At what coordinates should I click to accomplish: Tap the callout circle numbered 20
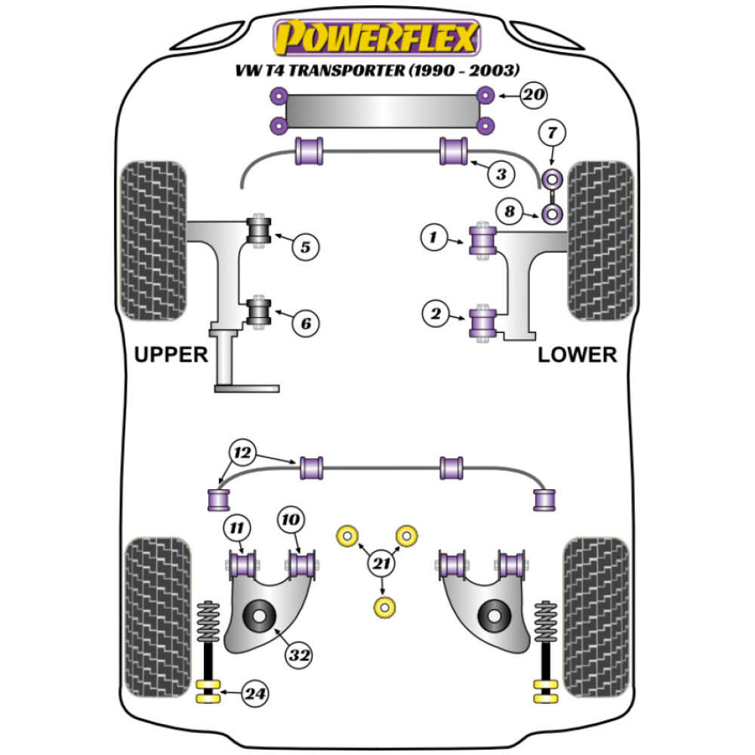click(x=532, y=95)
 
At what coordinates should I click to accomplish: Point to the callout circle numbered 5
click(x=306, y=246)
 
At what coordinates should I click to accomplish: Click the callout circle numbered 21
click(x=384, y=562)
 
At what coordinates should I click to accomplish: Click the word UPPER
click(x=171, y=354)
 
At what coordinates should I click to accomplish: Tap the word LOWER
click(x=577, y=354)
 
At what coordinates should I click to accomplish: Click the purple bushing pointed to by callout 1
click(x=482, y=240)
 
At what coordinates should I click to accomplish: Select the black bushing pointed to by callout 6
click(x=260, y=312)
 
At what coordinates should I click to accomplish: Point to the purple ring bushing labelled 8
click(x=553, y=215)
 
